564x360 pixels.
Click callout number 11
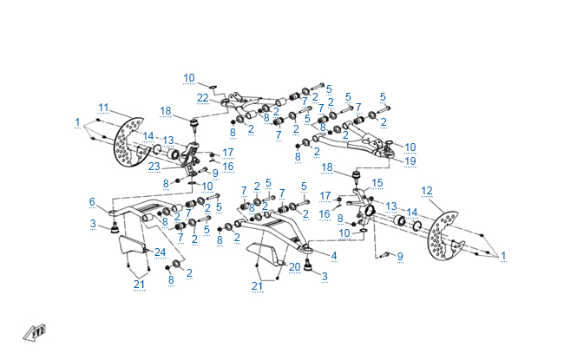click(103, 108)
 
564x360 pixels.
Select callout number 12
click(426, 190)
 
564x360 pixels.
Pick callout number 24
click(161, 252)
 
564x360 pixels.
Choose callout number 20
click(294, 266)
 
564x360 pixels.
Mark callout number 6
click(91, 201)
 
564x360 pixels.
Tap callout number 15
click(377, 184)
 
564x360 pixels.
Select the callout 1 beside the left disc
click(77, 121)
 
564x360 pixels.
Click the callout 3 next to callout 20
click(325, 277)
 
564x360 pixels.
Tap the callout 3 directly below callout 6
click(92, 225)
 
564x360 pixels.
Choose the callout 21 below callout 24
click(139, 285)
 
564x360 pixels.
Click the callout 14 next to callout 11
click(148, 136)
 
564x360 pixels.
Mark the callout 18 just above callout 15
click(327, 167)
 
